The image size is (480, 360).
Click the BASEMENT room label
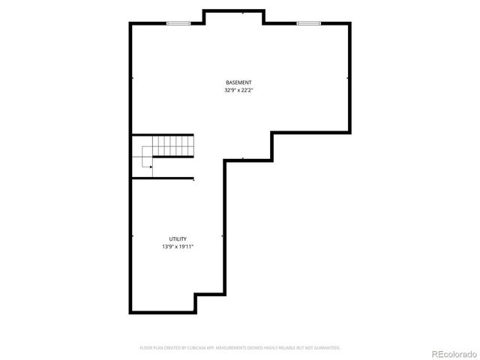(238, 82)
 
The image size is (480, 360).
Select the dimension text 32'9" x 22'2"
(238, 90)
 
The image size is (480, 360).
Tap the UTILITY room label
(178, 239)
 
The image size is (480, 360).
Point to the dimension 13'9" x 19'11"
(178, 247)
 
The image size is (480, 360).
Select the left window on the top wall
(177, 23)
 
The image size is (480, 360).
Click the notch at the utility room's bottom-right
(210, 301)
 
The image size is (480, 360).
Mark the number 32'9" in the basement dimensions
(229, 90)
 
